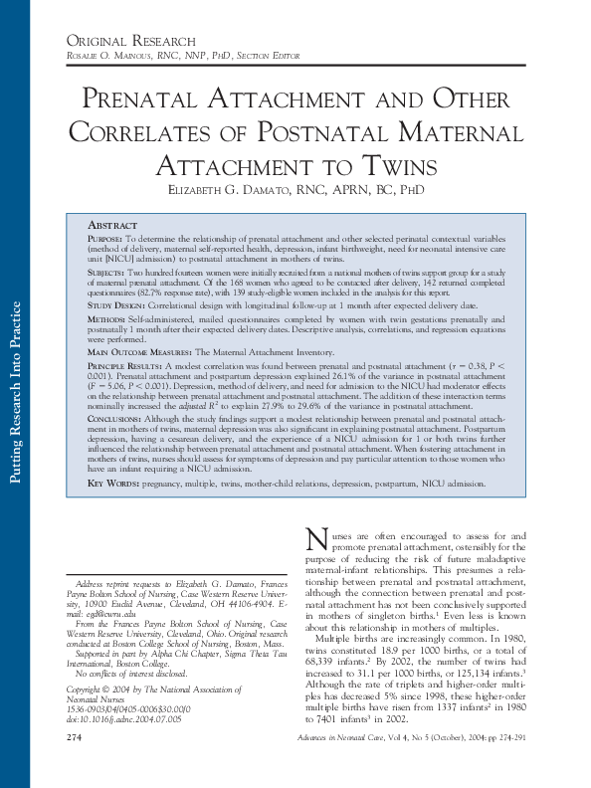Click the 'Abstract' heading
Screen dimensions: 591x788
coord(112,226)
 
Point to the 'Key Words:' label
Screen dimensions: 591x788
coord(111,482)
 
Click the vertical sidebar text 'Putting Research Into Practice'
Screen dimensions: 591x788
coord(16,392)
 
